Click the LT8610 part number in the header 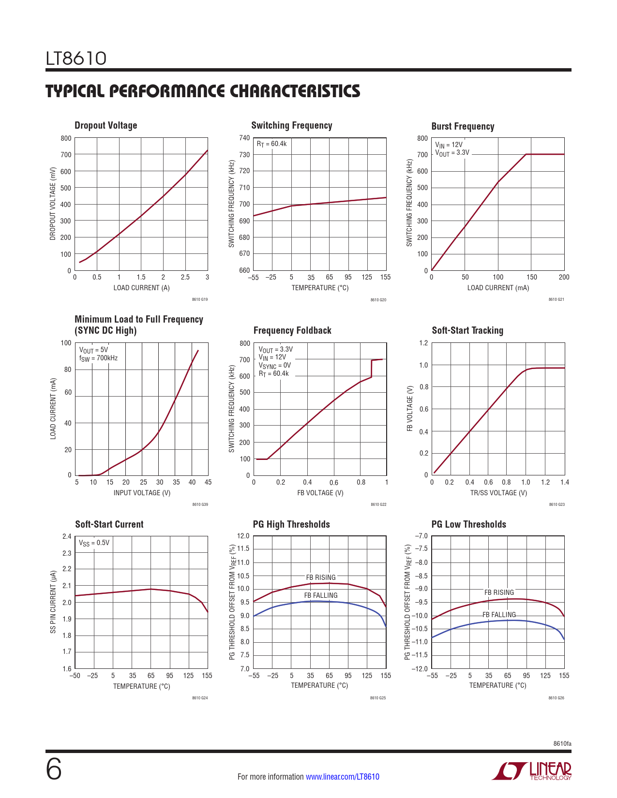[x=76, y=59]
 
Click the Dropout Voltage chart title [x=105, y=125]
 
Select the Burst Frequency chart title [x=463, y=126]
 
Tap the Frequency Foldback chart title [x=292, y=330]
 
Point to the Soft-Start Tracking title [x=467, y=330]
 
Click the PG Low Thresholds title [x=468, y=524]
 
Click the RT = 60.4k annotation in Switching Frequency [x=271, y=144]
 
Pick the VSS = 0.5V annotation [x=94, y=543]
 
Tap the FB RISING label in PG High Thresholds [x=320, y=577]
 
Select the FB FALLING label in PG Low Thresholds [x=499, y=615]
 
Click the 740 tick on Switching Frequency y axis [x=244, y=138]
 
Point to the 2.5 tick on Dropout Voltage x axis [x=185, y=277]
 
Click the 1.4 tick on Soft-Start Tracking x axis [x=564, y=482]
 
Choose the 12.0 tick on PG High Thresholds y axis [x=243, y=536]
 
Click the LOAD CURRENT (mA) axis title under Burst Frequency [x=498, y=288]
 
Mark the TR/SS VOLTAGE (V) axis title [x=498, y=493]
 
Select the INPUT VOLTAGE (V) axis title [x=142, y=493]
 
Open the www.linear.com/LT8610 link [x=343, y=777]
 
